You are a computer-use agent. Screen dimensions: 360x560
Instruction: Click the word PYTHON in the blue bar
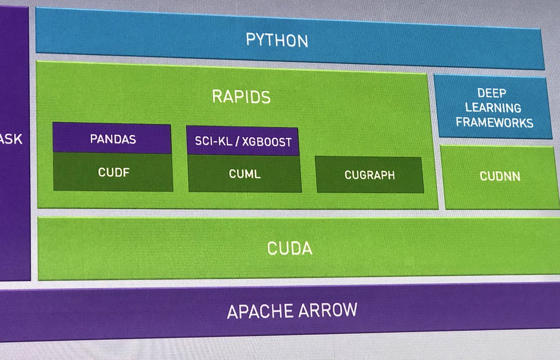tap(277, 40)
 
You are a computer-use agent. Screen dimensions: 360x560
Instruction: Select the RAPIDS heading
tap(241, 97)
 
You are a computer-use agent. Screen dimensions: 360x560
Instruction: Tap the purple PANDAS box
tap(112, 138)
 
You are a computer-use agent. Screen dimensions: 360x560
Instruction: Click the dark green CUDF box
tap(112, 172)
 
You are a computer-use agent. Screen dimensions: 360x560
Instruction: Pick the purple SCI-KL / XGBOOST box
tap(243, 140)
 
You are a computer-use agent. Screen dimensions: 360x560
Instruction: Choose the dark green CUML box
tap(245, 174)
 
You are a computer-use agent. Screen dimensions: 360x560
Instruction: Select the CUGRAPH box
tap(370, 175)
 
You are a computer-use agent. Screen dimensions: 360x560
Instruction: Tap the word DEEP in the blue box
tap(492, 93)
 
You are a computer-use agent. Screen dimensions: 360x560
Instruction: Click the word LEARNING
tap(493, 108)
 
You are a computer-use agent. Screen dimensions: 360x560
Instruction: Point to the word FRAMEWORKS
tap(494, 123)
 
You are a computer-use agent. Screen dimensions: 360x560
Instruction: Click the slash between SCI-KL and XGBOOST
tap(232, 141)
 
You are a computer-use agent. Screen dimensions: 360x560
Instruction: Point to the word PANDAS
tap(112, 138)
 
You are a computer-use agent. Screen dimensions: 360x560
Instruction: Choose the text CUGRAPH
tap(370, 175)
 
